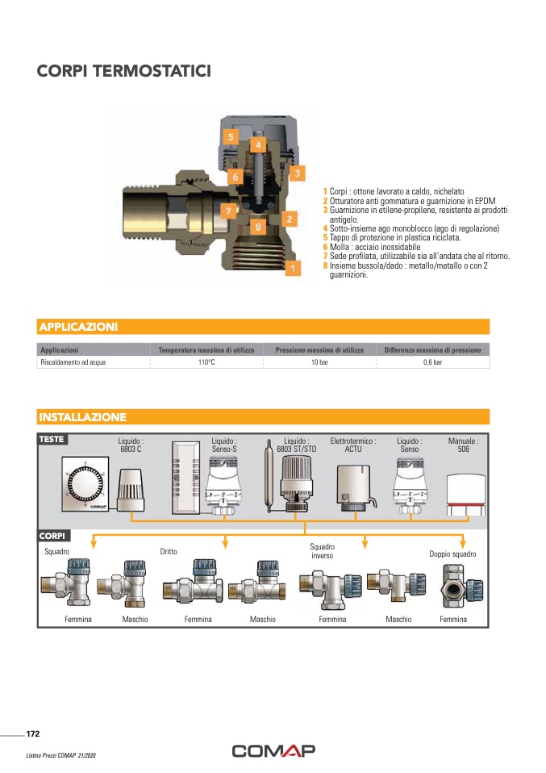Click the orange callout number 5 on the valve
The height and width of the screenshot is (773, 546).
pyautogui.click(x=230, y=136)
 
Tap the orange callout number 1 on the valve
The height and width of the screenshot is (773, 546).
pyautogui.click(x=293, y=268)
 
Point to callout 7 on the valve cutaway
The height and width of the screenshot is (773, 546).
pyautogui.click(x=228, y=211)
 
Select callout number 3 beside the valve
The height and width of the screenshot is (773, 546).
pyautogui.click(x=297, y=173)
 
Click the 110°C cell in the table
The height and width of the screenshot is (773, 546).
pyautogui.click(x=206, y=362)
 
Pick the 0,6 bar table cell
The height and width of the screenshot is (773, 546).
pyautogui.click(x=432, y=362)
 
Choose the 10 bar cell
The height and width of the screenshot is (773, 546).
pyautogui.click(x=319, y=362)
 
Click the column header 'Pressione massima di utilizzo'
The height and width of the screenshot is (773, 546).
pyautogui.click(x=319, y=350)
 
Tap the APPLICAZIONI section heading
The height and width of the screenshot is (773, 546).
pyautogui.click(x=78, y=327)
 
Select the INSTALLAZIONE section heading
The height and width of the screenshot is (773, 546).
pyautogui.click(x=83, y=417)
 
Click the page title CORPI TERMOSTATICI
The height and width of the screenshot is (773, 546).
pyautogui.click(x=124, y=71)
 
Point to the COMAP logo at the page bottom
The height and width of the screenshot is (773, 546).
pyautogui.click(x=273, y=750)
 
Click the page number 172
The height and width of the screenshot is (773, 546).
pyautogui.click(x=33, y=733)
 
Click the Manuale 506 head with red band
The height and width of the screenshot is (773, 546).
pyautogui.click(x=465, y=495)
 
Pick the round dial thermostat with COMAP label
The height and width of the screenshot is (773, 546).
pyautogui.click(x=85, y=483)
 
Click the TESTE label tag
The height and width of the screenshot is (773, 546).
pyautogui.click(x=52, y=439)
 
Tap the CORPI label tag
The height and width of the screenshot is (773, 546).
pyautogui.click(x=52, y=536)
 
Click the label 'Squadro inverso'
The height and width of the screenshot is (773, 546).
pyautogui.click(x=323, y=551)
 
